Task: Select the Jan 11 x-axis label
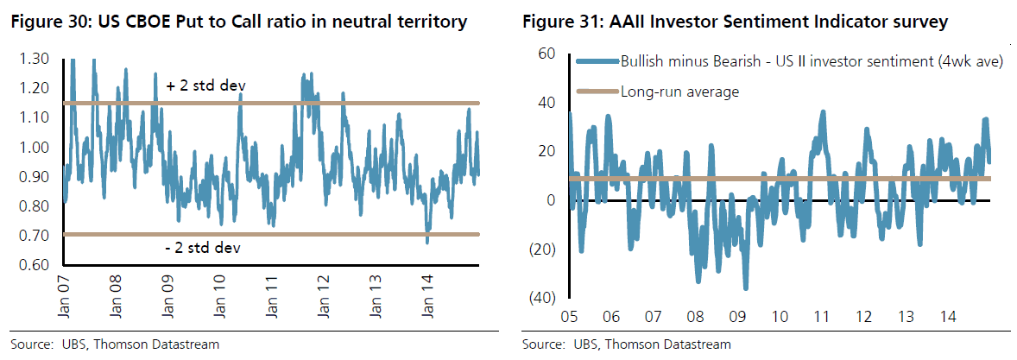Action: pos(273,295)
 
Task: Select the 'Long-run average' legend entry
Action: pos(679,91)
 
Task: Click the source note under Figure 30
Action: pos(115,344)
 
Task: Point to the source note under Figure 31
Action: pos(627,344)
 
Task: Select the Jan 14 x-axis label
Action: pos(429,295)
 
